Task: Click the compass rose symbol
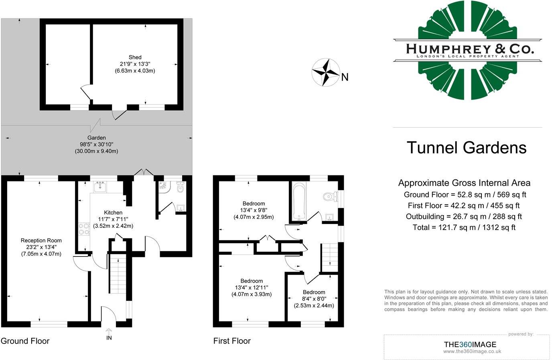[326, 72]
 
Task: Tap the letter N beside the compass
[345, 77]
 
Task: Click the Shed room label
[135, 57]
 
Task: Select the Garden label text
[96, 138]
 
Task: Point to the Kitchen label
[113, 212]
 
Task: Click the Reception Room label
[41, 240]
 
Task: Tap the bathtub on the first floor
[299, 201]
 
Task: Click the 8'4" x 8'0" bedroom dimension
[314, 299]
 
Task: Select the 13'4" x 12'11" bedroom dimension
[252, 287]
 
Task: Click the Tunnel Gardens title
[467, 148]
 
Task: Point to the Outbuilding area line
[464, 217]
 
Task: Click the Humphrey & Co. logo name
[470, 49]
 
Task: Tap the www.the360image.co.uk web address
[472, 352]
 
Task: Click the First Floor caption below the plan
[232, 341]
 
